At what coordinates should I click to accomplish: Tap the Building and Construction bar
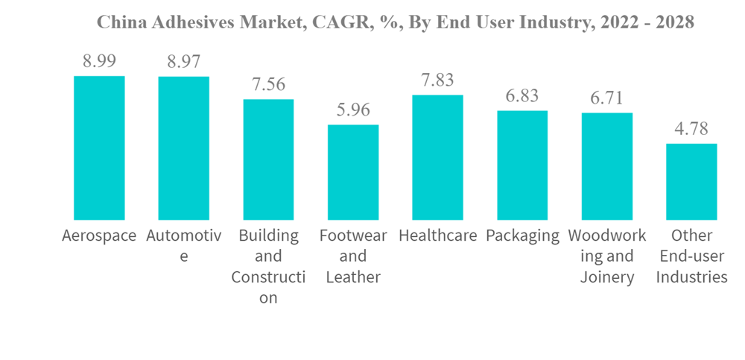tap(268, 160)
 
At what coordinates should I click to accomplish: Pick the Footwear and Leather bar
tap(353, 172)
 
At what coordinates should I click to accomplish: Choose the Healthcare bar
tap(437, 157)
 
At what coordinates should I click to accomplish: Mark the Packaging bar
tap(522, 165)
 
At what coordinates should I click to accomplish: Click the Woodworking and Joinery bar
tap(606, 166)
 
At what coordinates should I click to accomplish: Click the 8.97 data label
tap(183, 62)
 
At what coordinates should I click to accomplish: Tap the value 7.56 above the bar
tap(268, 85)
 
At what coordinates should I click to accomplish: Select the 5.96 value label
tap(353, 110)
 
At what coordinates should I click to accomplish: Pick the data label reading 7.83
tap(437, 80)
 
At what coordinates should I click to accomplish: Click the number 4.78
tap(691, 129)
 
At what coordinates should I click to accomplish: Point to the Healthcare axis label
tap(437, 236)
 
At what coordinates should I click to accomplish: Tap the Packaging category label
tap(522, 236)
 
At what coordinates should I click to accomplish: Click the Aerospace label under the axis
tap(99, 236)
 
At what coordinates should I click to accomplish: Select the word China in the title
tap(121, 22)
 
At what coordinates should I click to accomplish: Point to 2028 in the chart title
tap(672, 22)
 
